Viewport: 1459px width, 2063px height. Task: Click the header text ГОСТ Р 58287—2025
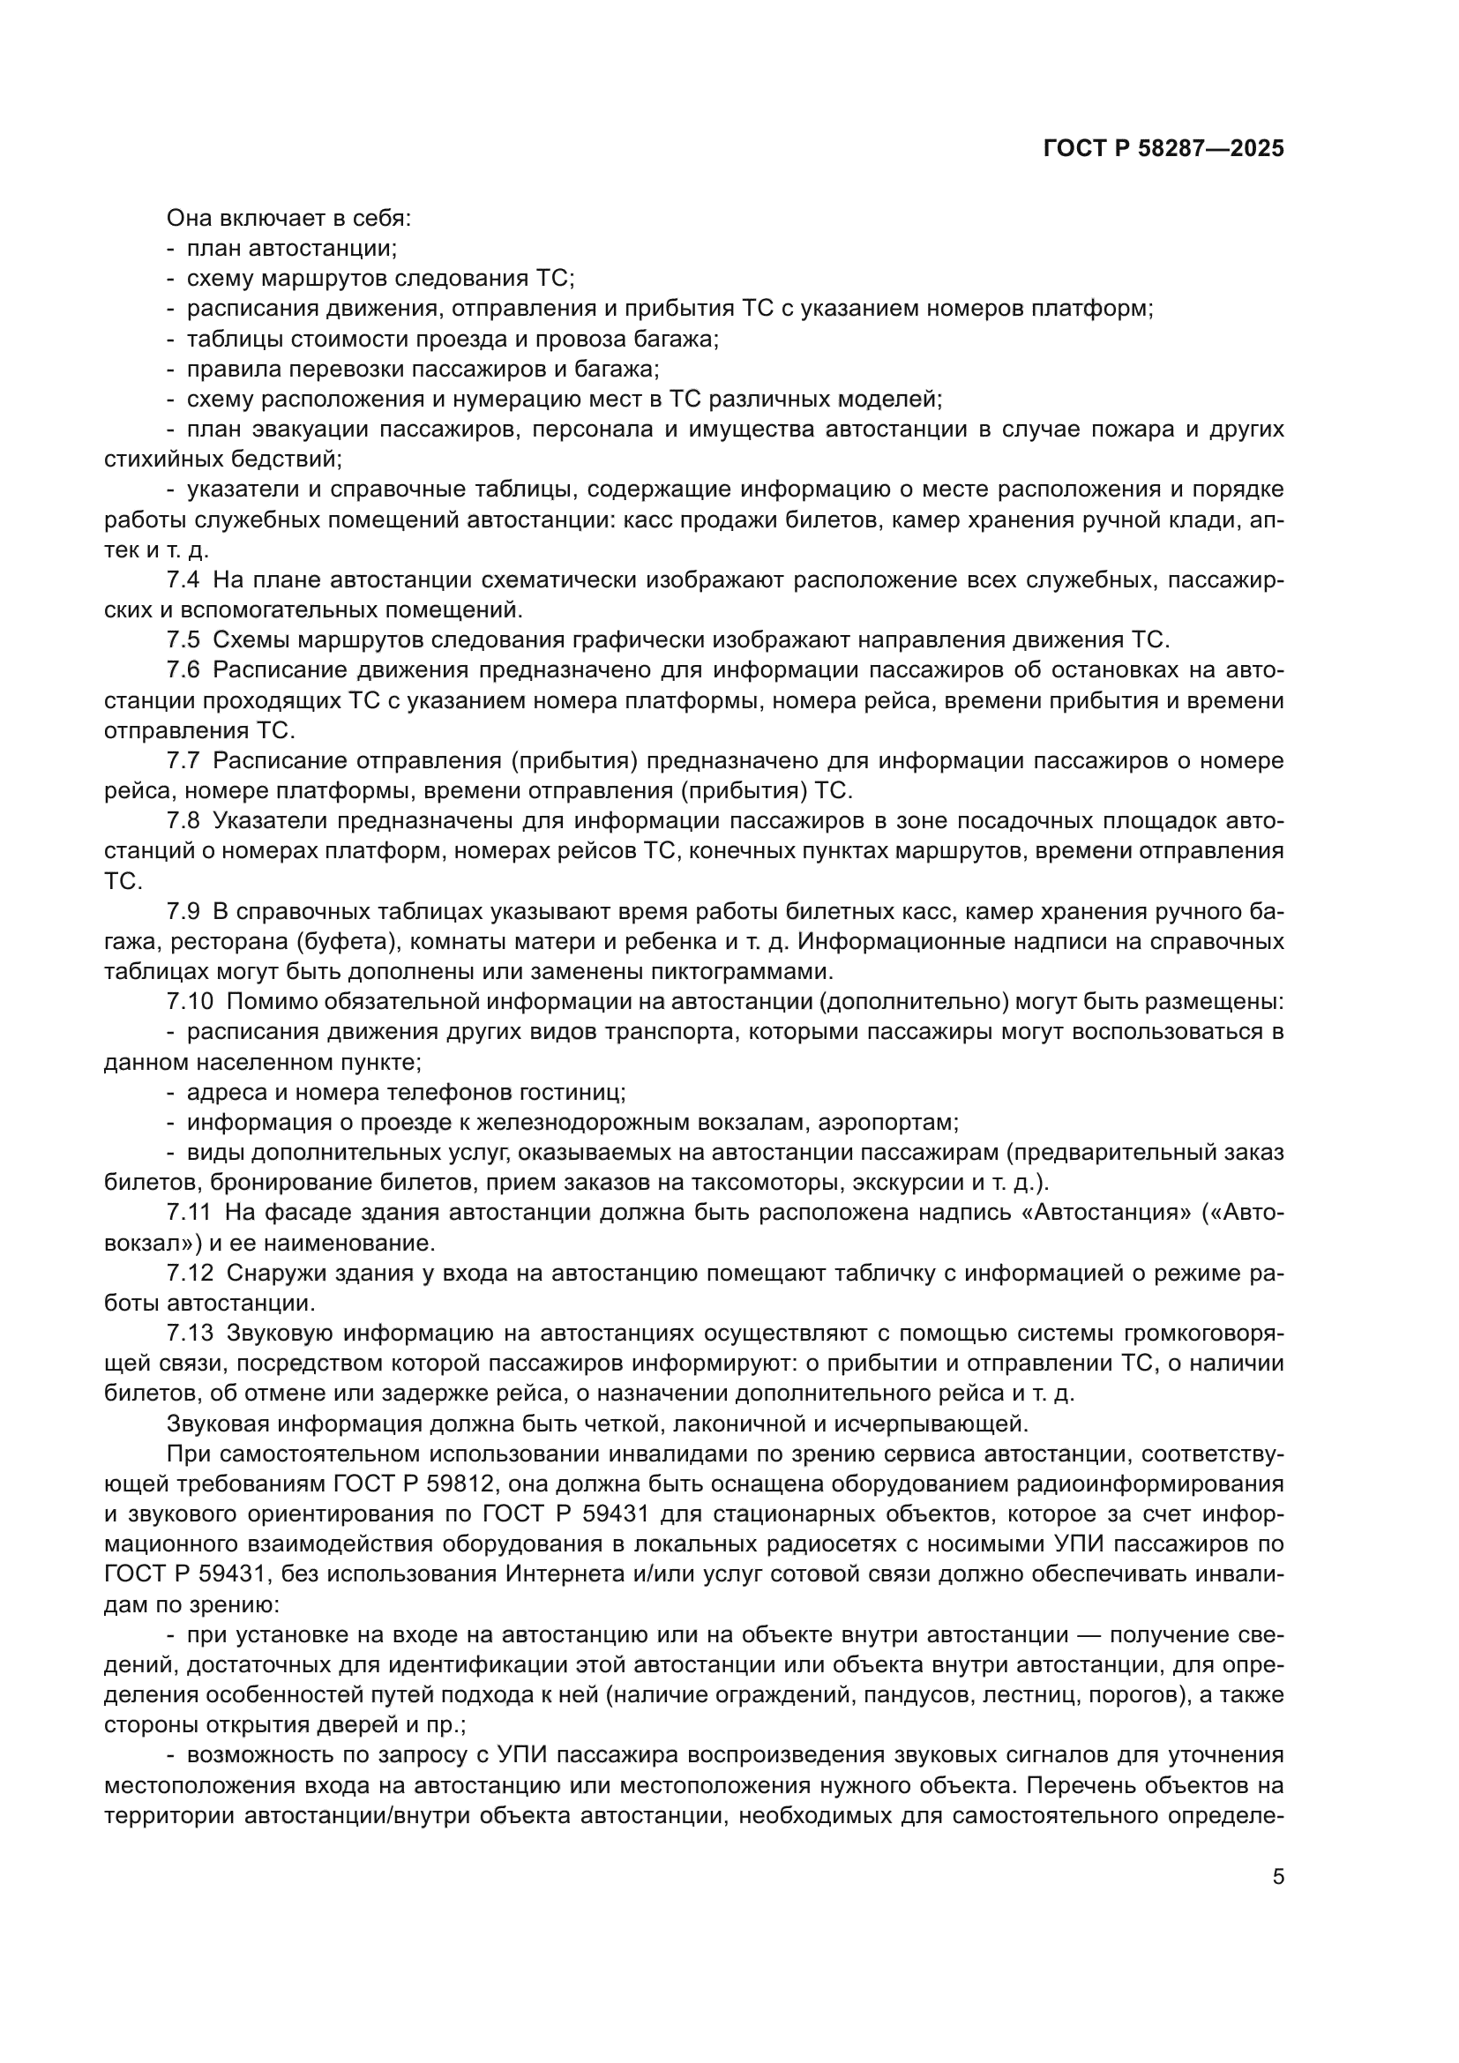click(x=1163, y=149)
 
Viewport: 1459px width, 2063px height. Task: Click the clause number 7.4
click(x=183, y=580)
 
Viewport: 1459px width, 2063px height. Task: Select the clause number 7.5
click(x=183, y=640)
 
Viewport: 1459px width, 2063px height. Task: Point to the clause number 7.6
click(x=183, y=670)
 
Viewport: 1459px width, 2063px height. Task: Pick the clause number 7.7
click(x=183, y=761)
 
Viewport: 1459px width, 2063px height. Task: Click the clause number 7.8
click(x=183, y=821)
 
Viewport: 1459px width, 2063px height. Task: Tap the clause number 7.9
click(x=183, y=912)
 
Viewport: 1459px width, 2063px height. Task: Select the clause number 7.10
click(x=190, y=1002)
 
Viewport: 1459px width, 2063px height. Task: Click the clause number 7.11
click(x=189, y=1213)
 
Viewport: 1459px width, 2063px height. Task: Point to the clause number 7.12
click(x=190, y=1274)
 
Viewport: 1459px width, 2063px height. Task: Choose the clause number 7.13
click(x=190, y=1334)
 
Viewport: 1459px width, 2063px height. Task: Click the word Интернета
click(x=565, y=1575)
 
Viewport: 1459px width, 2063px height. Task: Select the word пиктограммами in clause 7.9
click(x=732, y=972)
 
